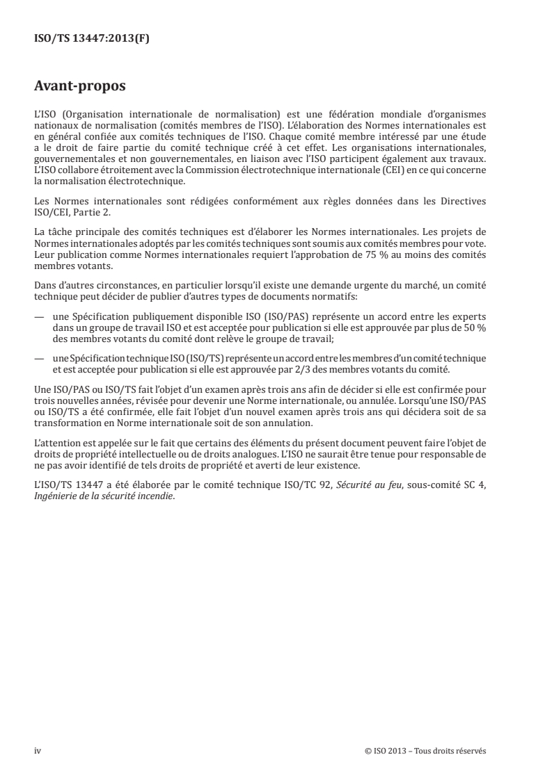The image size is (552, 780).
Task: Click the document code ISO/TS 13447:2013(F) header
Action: [92, 39]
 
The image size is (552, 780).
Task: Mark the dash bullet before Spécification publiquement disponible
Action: [39, 297]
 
